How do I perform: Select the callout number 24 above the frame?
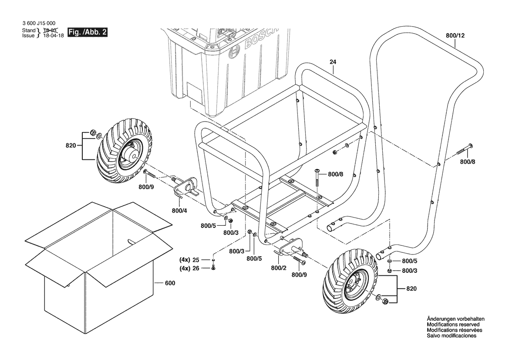point(333,62)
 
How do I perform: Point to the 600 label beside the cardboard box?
point(170,283)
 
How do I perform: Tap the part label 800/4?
point(179,211)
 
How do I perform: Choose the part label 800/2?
point(279,268)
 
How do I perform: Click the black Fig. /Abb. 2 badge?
point(87,33)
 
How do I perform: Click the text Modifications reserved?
point(453,325)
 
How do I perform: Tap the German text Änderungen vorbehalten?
point(455,319)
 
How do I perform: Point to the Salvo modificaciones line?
point(452,336)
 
